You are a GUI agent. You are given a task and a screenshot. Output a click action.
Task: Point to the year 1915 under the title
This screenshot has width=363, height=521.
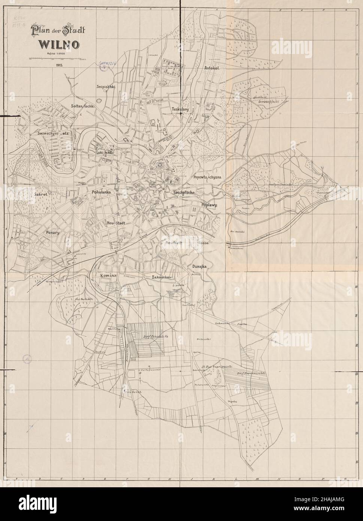58,65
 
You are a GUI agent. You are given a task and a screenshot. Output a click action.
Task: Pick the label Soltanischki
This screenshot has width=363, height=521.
84,106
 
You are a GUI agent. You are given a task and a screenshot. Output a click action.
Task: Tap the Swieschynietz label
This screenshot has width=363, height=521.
53,133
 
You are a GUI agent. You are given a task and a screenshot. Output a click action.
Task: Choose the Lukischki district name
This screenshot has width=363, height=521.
105,153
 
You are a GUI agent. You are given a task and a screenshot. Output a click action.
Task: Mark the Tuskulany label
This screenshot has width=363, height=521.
179,109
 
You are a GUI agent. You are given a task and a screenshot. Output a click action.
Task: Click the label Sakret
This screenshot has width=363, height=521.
40,195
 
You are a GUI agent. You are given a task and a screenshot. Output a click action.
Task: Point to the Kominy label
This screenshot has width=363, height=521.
109,275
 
